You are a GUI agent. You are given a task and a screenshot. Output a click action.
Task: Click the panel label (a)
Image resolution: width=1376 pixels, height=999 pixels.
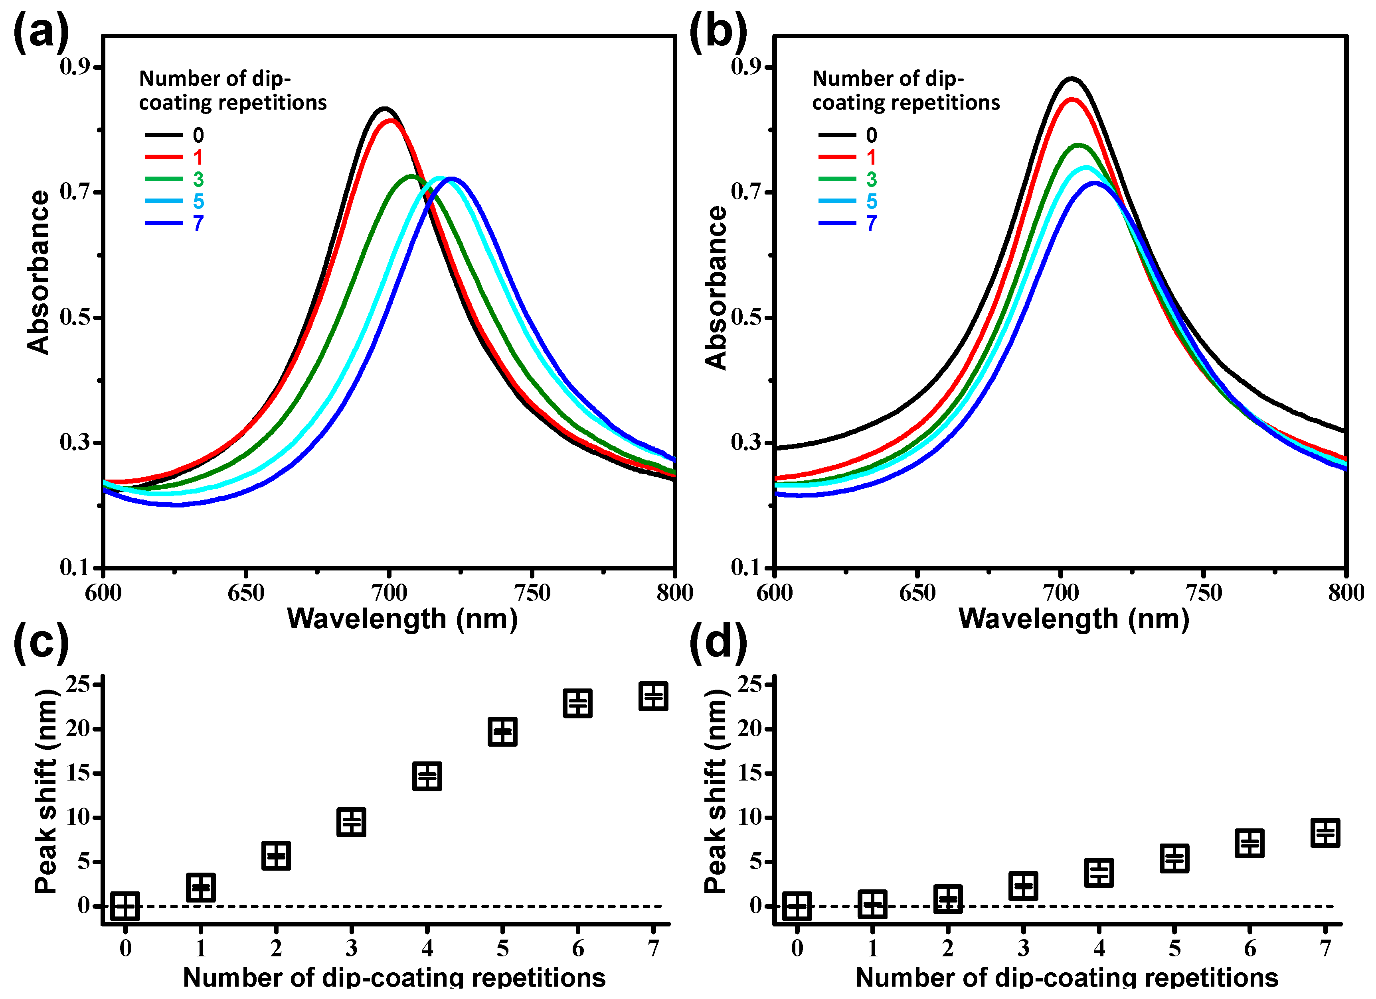[x=41, y=31]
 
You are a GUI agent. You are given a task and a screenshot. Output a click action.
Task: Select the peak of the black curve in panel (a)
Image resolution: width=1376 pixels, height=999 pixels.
[x=384, y=109]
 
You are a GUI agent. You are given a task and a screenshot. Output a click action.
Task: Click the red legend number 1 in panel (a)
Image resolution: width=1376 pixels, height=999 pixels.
[x=198, y=157]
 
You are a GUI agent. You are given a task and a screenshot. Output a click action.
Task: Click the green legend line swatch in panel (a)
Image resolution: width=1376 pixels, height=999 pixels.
[x=164, y=179]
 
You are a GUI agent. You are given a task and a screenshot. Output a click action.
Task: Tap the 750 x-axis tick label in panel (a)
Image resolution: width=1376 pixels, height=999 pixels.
[x=532, y=593]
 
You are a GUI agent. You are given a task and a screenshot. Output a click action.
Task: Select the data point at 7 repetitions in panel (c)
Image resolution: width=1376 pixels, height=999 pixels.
[x=653, y=696]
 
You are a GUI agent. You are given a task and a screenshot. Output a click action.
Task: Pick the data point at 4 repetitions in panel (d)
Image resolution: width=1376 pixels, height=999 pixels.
[x=1099, y=873]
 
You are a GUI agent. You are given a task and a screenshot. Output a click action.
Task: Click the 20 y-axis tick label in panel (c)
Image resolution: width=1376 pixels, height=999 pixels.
[x=79, y=729]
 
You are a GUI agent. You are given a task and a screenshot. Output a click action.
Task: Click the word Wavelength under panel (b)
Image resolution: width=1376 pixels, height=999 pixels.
[x=1038, y=619]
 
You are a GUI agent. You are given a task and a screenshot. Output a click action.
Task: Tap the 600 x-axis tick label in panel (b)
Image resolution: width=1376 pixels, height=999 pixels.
[x=775, y=593]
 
